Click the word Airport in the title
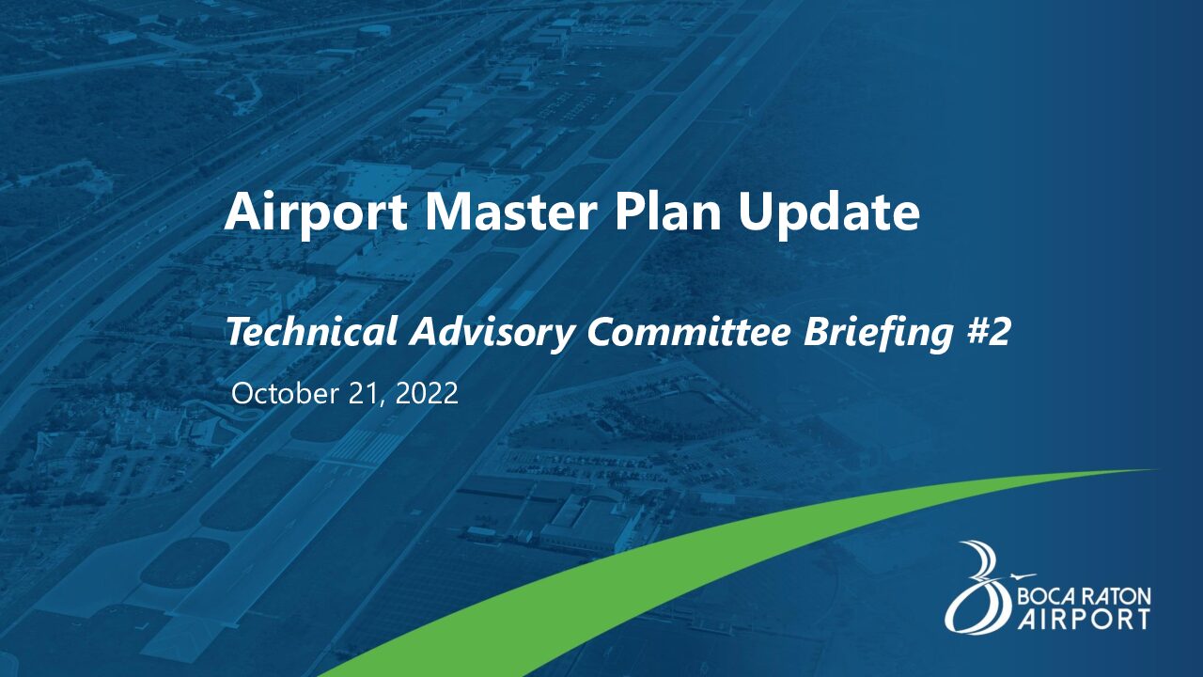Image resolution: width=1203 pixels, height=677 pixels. (x=316, y=213)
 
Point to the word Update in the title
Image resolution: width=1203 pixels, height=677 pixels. (x=829, y=213)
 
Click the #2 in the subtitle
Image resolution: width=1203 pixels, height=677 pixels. (x=988, y=332)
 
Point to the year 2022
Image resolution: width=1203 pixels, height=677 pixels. (x=427, y=393)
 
